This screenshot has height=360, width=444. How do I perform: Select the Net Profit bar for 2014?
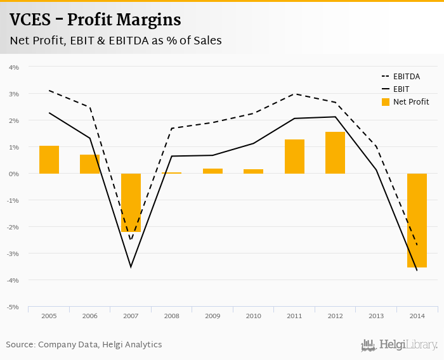point(417,221)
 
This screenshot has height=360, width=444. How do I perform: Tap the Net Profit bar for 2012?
point(335,153)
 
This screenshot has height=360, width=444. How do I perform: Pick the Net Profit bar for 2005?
point(49,160)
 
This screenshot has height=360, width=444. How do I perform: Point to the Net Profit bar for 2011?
point(294,157)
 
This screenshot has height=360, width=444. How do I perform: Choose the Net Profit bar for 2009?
point(212,171)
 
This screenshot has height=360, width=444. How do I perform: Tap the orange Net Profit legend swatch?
point(384,102)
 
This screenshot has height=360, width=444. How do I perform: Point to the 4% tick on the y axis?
point(14,67)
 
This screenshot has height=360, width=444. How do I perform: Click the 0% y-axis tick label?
point(14,174)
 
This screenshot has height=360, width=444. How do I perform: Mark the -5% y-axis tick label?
point(13,307)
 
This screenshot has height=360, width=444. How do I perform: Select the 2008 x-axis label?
point(171,315)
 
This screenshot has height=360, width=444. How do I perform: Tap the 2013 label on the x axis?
point(376,315)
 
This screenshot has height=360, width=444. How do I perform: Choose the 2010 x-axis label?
point(253,315)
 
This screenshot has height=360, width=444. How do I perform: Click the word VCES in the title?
point(30,20)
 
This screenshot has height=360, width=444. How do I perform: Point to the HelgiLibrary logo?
point(400,345)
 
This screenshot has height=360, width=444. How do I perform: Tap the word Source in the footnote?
point(20,345)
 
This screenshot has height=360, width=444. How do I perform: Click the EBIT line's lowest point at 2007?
point(131,267)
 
